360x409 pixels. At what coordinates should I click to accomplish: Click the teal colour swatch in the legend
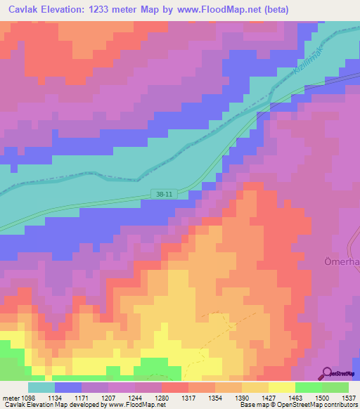pos(41,387)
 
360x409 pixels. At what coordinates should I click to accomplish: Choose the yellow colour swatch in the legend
pos(281,387)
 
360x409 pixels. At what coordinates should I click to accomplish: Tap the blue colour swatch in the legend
pos(68,387)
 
